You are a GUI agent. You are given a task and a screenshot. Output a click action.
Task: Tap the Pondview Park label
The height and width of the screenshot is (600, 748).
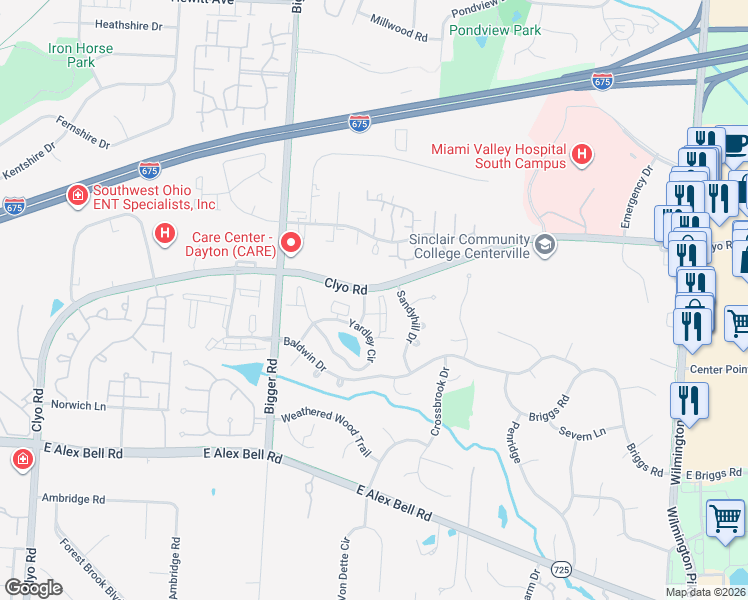tap(495, 30)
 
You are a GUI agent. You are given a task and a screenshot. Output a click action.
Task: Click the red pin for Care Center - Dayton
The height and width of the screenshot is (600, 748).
tap(291, 242)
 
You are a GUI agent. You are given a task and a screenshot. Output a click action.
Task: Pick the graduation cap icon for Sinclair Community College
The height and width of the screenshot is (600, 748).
tap(545, 245)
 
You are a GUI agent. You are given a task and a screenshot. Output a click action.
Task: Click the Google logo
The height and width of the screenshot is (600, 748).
tap(33, 588)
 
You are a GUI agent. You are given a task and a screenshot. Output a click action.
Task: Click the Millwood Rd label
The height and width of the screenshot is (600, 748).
tap(398, 27)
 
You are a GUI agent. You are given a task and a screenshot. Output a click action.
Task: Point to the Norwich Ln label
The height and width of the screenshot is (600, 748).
tap(78, 406)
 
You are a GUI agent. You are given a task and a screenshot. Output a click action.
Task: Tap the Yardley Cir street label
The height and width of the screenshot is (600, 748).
tap(362, 341)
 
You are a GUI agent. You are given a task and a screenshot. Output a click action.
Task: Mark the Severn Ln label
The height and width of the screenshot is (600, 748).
tap(585, 431)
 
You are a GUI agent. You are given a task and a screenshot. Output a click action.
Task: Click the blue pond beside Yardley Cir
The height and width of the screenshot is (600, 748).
tap(350, 345)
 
